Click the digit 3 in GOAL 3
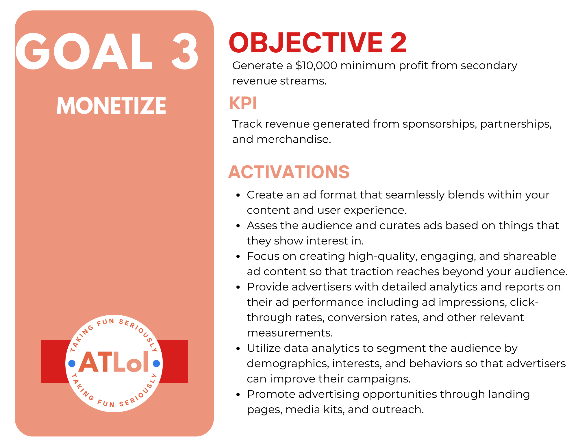tap(185, 51)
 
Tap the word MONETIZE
tap(111, 106)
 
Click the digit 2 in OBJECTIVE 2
tap(399, 43)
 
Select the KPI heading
tap(243, 103)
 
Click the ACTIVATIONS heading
tap(289, 172)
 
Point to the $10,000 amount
tap(316, 66)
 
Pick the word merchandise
tap(294, 139)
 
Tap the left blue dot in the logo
tap(72, 363)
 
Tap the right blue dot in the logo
tap(156, 363)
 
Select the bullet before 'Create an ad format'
tap(238, 195)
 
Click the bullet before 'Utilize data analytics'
tap(238, 349)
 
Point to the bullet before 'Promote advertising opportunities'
tap(238, 395)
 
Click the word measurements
tap(290, 333)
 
